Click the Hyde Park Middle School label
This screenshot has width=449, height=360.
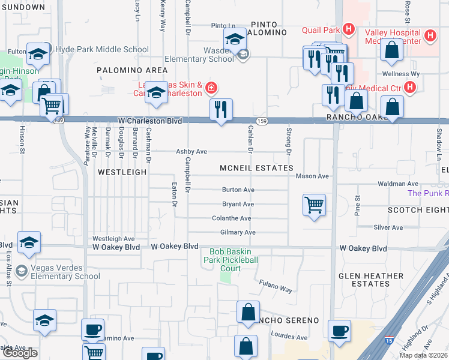pyautogui.click(x=101, y=50)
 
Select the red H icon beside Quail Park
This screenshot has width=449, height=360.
pyautogui.click(x=348, y=29)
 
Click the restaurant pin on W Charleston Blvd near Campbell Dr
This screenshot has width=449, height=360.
pyautogui.click(x=221, y=110)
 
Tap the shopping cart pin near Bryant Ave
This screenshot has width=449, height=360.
pyautogui.click(x=314, y=205)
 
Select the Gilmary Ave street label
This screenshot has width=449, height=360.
pyautogui.click(x=238, y=232)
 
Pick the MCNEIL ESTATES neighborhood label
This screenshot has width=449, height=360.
pyautogui.click(x=256, y=168)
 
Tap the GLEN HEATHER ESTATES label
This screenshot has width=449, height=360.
pyautogui.click(x=370, y=280)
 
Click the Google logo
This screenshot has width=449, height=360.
pyautogui.click(x=20, y=353)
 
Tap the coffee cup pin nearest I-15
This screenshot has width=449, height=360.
pyautogui.click(x=339, y=331)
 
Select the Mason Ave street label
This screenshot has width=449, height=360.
pyautogui.click(x=313, y=176)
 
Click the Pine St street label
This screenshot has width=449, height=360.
pyautogui.click(x=357, y=205)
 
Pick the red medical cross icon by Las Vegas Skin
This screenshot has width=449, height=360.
pyautogui.click(x=211, y=89)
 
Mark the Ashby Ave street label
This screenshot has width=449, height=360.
pyautogui.click(x=191, y=152)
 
